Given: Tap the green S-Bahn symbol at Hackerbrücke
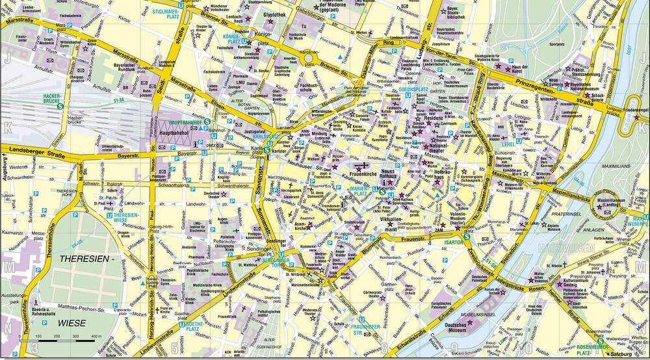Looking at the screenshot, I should coord(60,106).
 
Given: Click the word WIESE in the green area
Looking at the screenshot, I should coord(75,322).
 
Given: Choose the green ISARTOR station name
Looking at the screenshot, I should coord(453,242).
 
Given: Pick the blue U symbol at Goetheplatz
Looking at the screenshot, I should coord(183,323).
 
